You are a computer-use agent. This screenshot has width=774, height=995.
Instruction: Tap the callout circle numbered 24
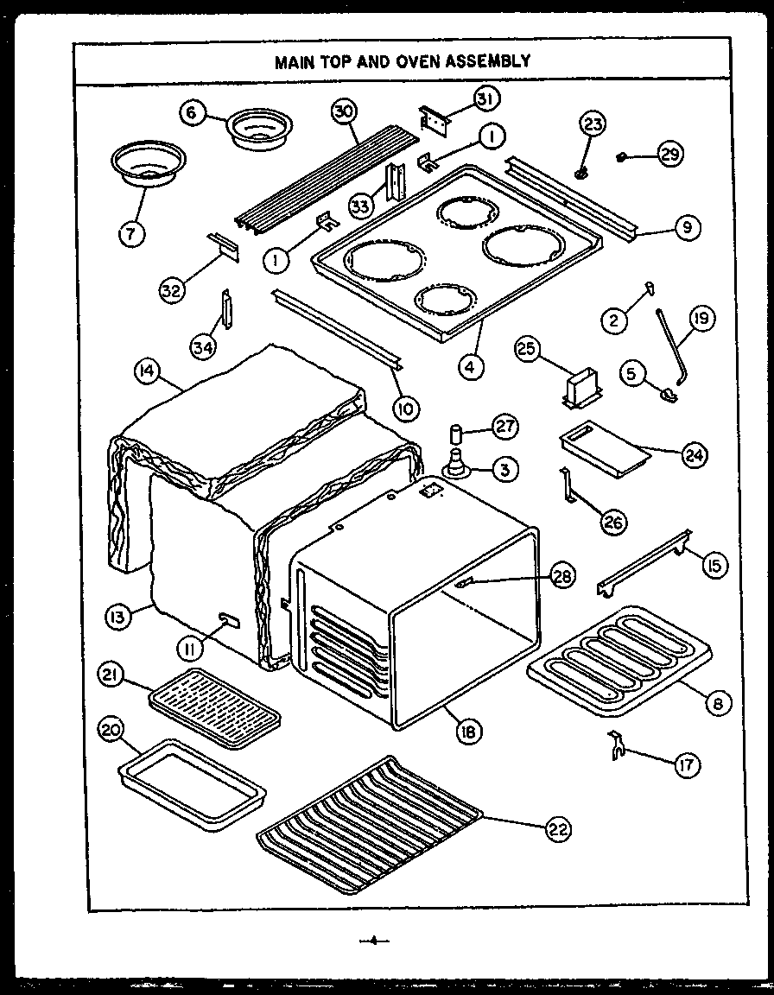(694, 454)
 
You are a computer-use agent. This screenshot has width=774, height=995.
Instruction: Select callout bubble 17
(688, 764)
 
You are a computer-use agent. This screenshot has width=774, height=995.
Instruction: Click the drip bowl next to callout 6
(259, 126)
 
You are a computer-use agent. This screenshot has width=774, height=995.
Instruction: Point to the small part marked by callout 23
(583, 169)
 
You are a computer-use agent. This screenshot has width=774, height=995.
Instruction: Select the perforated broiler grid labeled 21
(215, 709)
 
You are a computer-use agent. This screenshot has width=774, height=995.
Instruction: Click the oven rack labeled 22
(370, 825)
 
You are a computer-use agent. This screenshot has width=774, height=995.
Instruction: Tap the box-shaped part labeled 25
(580, 387)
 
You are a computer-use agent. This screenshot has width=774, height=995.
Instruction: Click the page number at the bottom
(374, 941)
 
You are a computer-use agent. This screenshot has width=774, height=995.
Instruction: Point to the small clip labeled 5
(667, 395)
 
